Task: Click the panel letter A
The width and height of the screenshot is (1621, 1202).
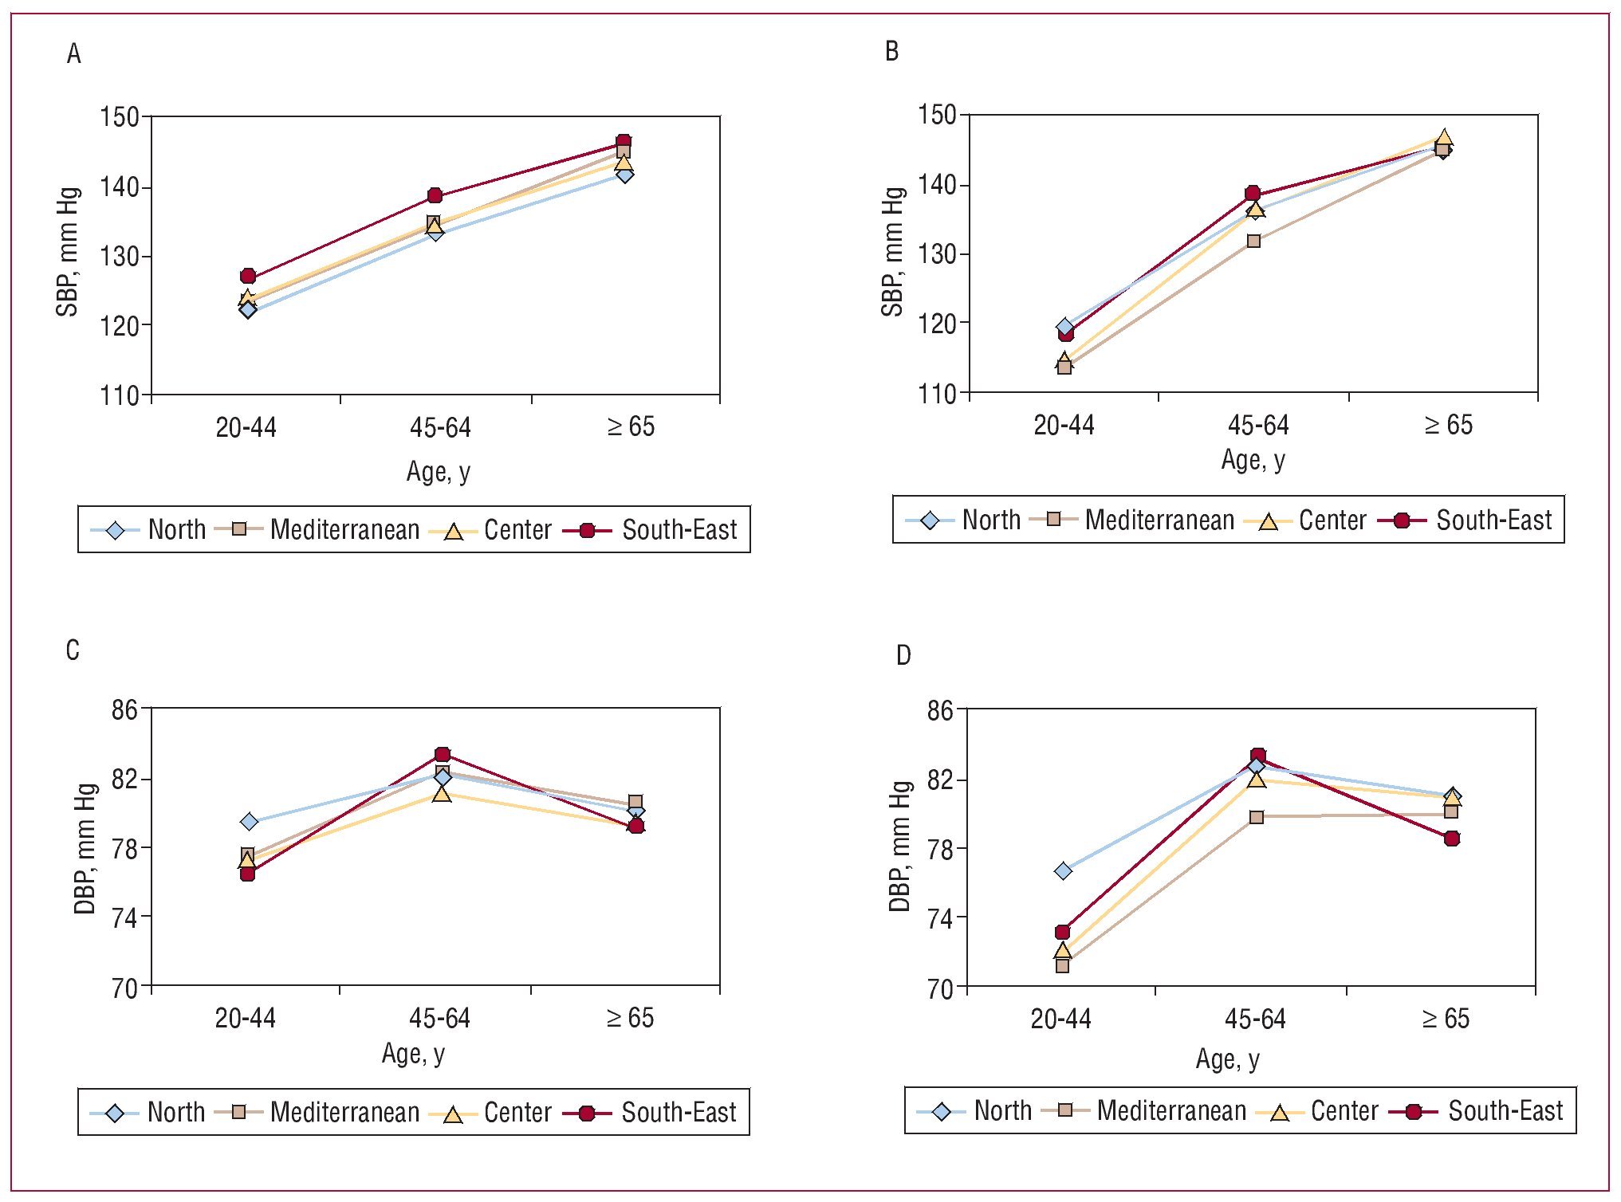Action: tap(74, 54)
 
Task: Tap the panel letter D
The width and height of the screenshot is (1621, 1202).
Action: tap(903, 655)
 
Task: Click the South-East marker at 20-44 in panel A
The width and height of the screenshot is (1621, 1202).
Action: tap(248, 277)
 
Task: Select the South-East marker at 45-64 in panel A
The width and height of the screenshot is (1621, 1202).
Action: tap(435, 196)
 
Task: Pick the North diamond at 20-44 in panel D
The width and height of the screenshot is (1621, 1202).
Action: tap(1063, 871)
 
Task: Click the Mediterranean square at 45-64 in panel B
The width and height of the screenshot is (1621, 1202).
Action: tap(1253, 241)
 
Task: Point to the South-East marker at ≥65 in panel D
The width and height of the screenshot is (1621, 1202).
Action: tap(1452, 839)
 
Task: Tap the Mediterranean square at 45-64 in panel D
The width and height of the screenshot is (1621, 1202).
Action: tap(1257, 817)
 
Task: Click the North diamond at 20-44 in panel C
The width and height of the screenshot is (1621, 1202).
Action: tap(249, 822)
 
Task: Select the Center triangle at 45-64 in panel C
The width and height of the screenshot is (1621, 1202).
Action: tap(442, 794)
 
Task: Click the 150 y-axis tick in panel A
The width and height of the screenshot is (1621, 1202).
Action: tap(120, 117)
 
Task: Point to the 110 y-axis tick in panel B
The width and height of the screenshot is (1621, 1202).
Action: tap(938, 393)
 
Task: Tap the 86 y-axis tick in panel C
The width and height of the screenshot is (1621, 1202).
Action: tap(125, 709)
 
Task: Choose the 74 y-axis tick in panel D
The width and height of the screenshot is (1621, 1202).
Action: tap(941, 919)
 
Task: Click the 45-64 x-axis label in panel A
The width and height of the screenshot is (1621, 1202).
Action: tap(440, 428)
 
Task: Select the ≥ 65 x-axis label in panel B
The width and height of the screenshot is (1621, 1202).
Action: tap(1448, 426)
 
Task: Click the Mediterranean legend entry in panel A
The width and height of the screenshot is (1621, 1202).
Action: tap(344, 530)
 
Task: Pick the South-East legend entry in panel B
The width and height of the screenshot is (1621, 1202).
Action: tap(1493, 520)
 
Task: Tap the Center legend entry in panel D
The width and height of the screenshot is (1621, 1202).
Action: tap(1344, 1111)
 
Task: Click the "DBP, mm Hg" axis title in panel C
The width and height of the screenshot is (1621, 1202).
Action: tap(85, 848)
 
